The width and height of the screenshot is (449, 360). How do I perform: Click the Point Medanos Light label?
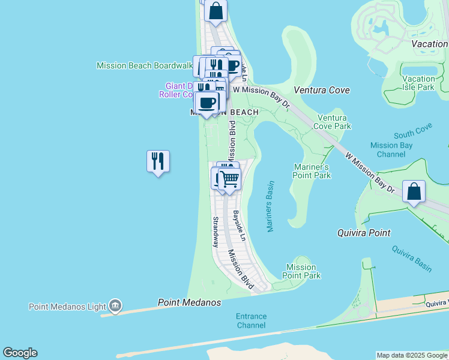click(x=67, y=307)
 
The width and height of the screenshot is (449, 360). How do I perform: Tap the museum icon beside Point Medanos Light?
click(x=115, y=306)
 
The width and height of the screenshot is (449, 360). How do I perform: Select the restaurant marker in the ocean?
click(x=158, y=161)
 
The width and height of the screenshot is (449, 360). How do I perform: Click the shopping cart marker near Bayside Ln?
click(x=229, y=178)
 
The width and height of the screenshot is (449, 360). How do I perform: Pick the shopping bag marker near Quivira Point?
click(x=414, y=191)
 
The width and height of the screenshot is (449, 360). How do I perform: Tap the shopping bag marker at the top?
click(x=216, y=10)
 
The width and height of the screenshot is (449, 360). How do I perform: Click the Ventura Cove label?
click(x=322, y=90)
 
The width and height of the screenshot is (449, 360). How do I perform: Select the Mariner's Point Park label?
click(x=312, y=171)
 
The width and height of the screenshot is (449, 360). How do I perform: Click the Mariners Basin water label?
click(x=270, y=206)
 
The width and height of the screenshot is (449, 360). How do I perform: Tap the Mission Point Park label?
click(x=301, y=271)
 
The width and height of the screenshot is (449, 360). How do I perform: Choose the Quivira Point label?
click(x=364, y=233)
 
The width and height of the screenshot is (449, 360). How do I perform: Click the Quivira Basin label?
click(x=412, y=258)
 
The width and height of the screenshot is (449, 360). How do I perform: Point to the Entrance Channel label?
click(x=251, y=320)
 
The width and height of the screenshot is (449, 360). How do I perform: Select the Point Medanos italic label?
click(x=189, y=302)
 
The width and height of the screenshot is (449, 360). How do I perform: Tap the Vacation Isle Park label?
click(x=418, y=83)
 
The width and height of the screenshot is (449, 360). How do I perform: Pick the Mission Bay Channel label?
click(x=391, y=149)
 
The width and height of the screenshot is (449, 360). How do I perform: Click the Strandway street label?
click(x=215, y=232)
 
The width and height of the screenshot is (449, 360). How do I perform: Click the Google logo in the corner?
click(x=20, y=353)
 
